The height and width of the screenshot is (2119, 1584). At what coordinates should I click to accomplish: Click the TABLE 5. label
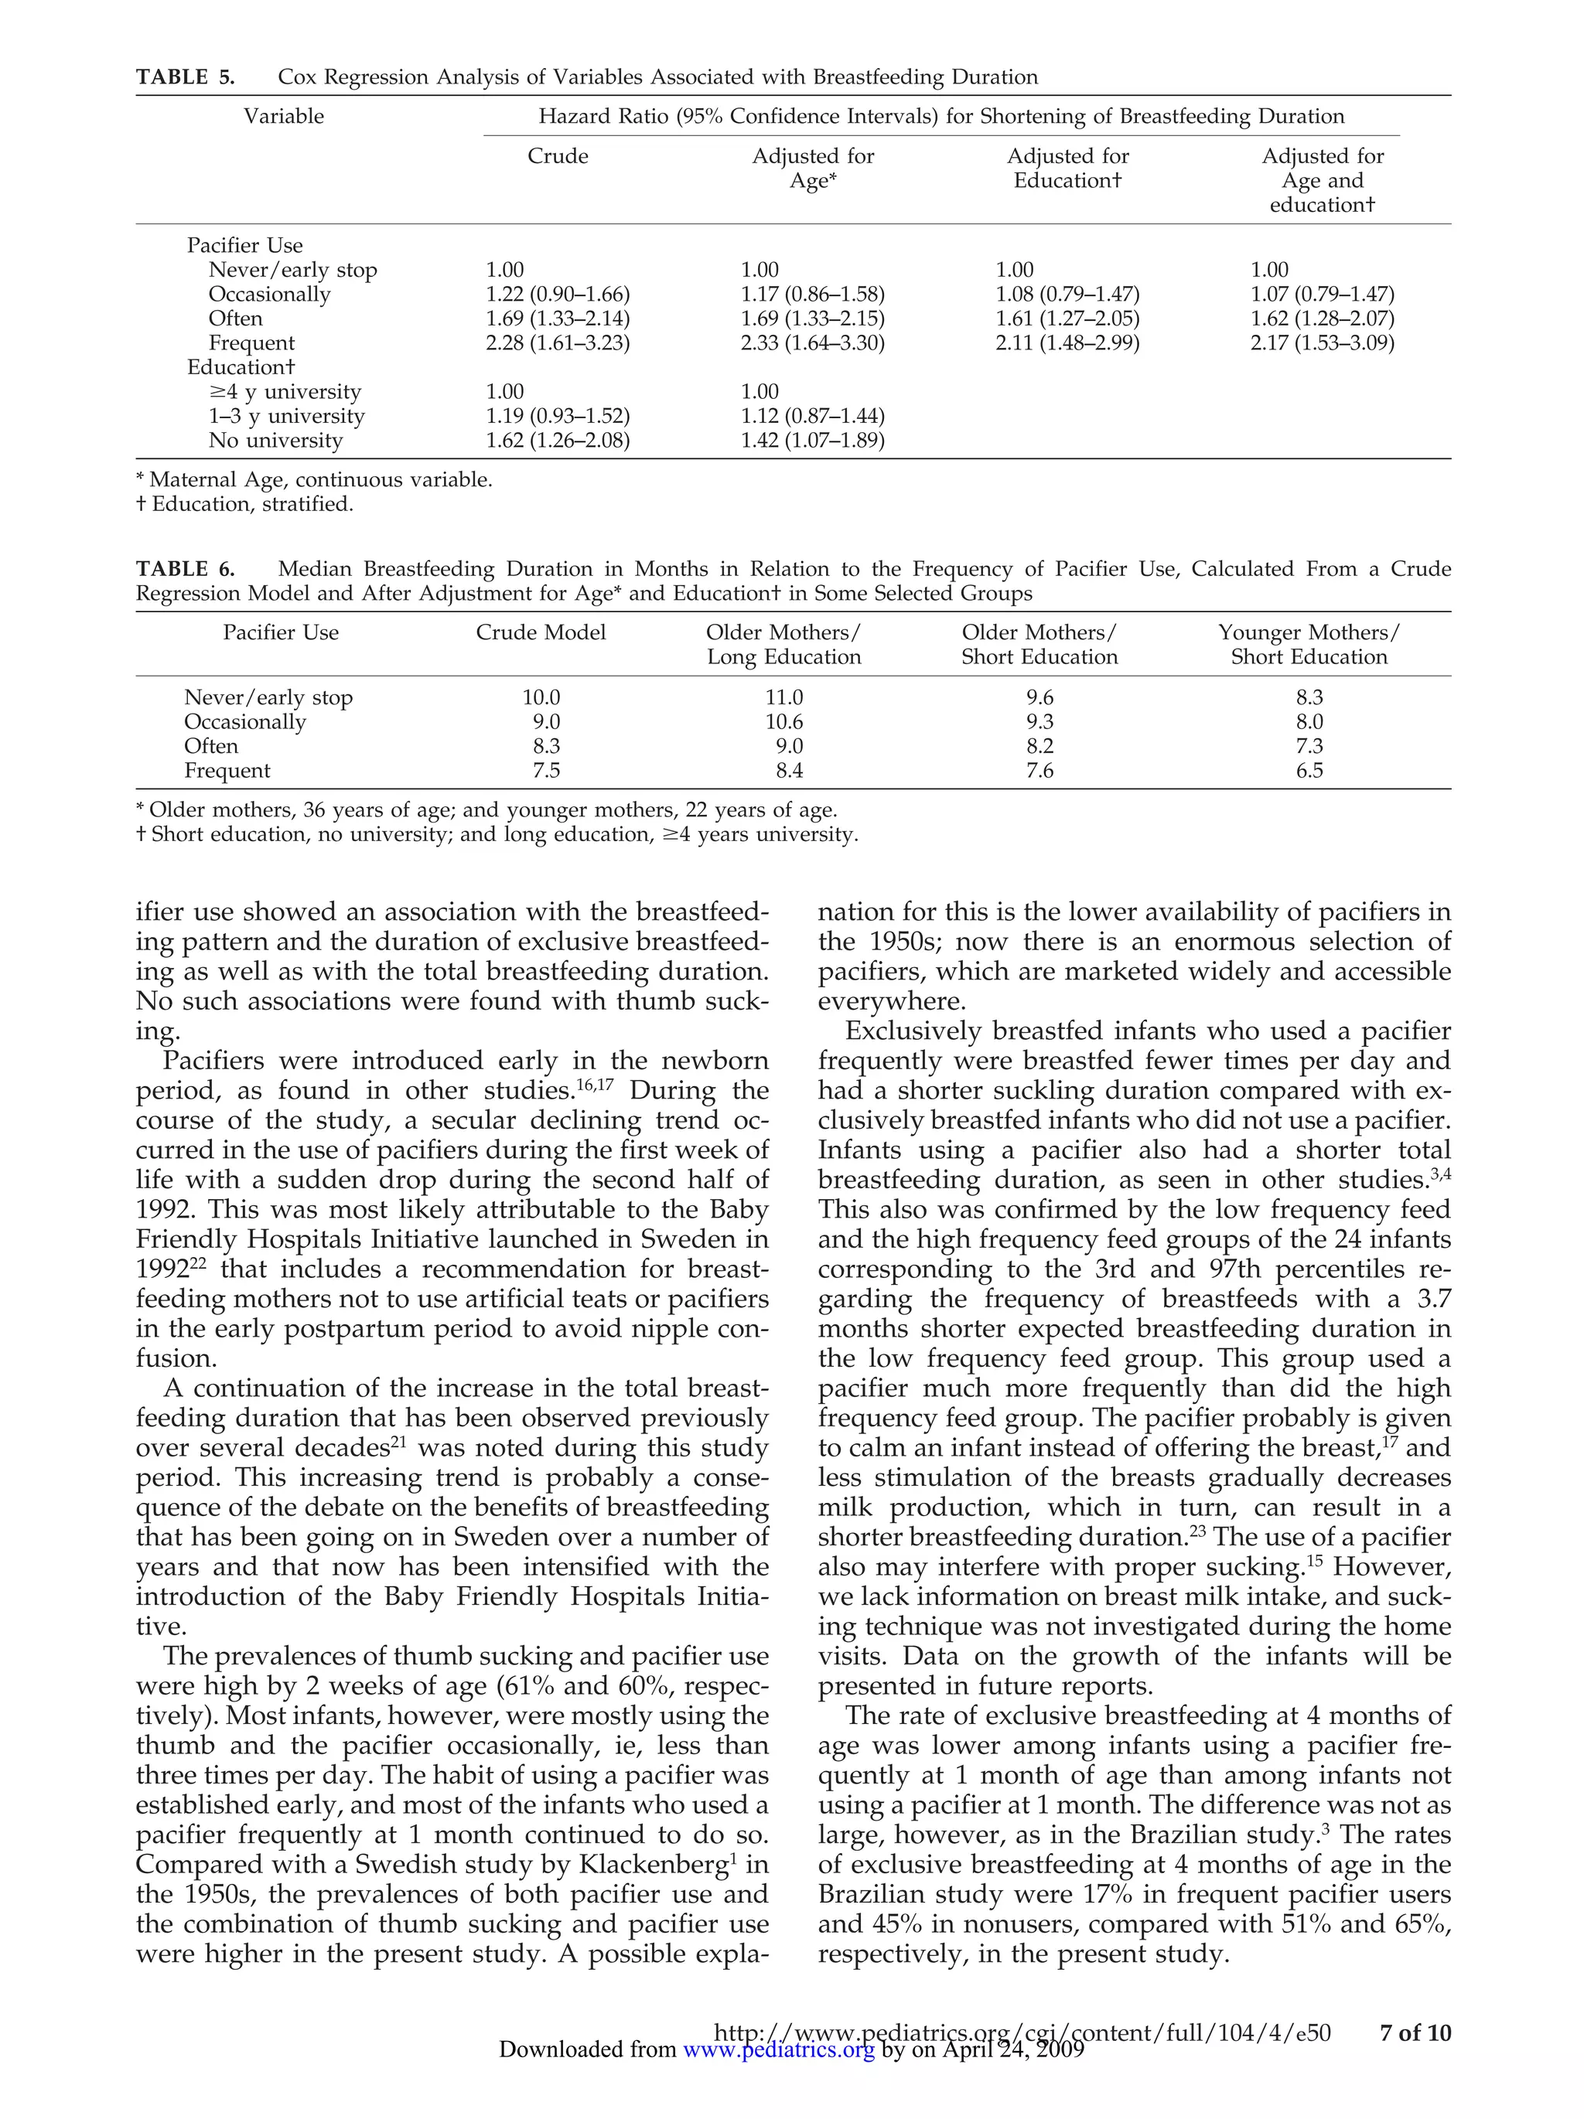coord(185,77)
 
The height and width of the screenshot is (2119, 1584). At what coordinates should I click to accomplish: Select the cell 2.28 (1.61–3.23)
coord(558,343)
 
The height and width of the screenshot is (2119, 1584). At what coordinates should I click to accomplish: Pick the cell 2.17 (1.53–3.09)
coord(1322,343)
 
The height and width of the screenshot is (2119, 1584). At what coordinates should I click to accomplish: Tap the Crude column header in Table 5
coord(558,156)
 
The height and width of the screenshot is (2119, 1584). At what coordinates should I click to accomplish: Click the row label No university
coord(275,441)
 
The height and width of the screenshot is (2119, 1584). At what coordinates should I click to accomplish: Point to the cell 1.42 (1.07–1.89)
coord(813,441)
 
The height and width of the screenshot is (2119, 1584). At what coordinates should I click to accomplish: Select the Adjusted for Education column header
coord(1067,169)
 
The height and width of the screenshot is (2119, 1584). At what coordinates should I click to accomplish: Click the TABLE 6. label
coord(185,569)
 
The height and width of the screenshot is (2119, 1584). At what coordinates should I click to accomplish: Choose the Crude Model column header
coord(541,632)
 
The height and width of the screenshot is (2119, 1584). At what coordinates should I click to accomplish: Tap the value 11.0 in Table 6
coord(783,697)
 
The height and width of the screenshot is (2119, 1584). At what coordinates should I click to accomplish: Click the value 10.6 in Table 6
coord(783,722)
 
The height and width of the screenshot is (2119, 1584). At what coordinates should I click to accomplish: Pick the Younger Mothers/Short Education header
coord(1309,645)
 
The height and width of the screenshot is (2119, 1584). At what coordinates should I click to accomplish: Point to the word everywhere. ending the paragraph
coord(891,1002)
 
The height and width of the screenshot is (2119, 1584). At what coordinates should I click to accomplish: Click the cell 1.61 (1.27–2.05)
coord(1067,319)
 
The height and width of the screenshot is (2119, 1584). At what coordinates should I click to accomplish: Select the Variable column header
coord(284,117)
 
